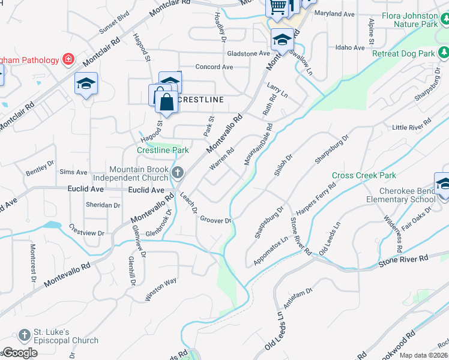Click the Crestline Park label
tap(163, 150)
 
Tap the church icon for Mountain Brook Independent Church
tap(177, 173)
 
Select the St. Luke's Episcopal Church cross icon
tap(24, 335)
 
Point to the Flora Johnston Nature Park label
tap(415, 20)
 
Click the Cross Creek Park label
tap(364, 175)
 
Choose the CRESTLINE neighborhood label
tap(202, 99)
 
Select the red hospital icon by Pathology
tap(68, 59)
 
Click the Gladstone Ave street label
tap(248, 53)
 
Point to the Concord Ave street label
tap(214, 67)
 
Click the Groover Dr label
tap(215, 220)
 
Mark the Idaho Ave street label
tap(351, 47)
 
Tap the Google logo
tap(20, 353)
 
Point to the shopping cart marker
tap(277, 7)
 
